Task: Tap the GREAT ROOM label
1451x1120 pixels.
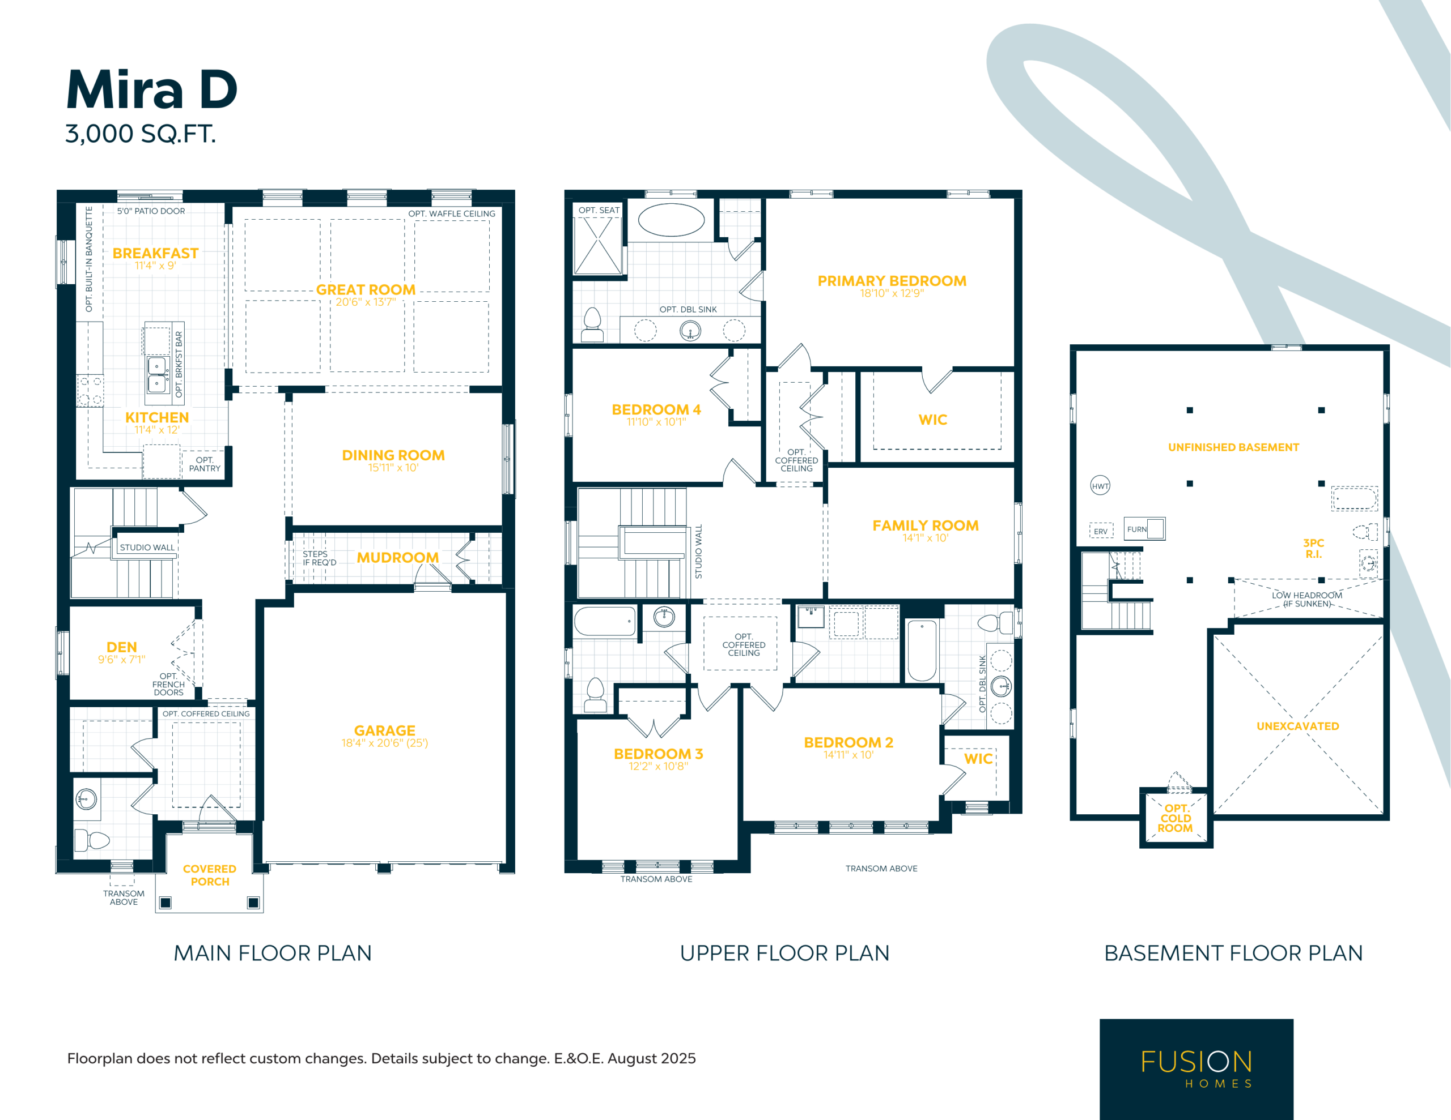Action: click(366, 289)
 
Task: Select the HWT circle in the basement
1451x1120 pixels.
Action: click(1100, 485)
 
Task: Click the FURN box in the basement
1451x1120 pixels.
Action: click(1144, 529)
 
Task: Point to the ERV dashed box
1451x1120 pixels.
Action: click(1101, 531)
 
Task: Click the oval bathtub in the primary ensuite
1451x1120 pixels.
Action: click(671, 220)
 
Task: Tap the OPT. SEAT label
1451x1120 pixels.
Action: click(599, 211)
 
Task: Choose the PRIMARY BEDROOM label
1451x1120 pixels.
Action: click(892, 281)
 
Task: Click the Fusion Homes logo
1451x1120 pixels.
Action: click(1196, 1069)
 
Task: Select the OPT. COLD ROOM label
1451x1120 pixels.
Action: click(1176, 818)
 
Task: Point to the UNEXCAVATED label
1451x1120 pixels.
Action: click(1297, 726)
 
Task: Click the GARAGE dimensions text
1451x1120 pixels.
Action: click(385, 743)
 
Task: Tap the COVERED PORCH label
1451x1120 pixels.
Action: click(209, 875)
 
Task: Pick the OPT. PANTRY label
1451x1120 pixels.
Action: click(205, 464)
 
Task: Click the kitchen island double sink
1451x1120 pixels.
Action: click(158, 375)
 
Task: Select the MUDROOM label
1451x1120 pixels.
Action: click(397, 558)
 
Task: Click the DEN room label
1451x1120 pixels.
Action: click(122, 647)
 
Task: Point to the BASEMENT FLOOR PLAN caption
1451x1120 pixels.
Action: click(1233, 954)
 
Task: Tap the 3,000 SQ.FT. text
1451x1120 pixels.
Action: click(140, 134)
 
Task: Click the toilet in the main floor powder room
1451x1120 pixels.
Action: click(92, 840)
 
